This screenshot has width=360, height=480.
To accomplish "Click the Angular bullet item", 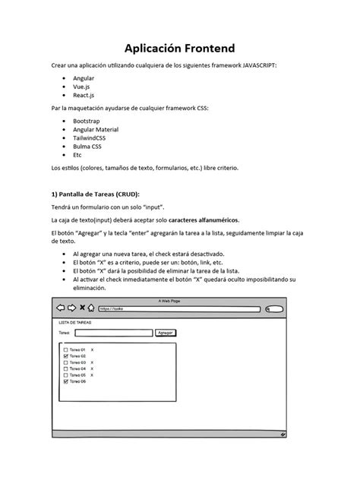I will pos(84,78).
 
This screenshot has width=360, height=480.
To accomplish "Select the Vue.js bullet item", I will pos(82,87).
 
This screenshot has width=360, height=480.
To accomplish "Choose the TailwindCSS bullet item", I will pos(90,138).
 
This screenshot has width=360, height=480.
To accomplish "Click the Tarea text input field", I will pos(114,333).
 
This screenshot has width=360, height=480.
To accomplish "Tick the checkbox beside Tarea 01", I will pos(66,350).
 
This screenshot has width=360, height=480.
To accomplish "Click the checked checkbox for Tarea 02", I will pos(66,356).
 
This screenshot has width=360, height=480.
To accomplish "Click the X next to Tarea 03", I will pos(92,362).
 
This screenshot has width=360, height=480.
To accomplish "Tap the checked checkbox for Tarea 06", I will pos(66,381).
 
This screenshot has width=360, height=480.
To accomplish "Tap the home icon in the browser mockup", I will pos(91,308).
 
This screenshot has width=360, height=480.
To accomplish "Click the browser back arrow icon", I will pos(61,308).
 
